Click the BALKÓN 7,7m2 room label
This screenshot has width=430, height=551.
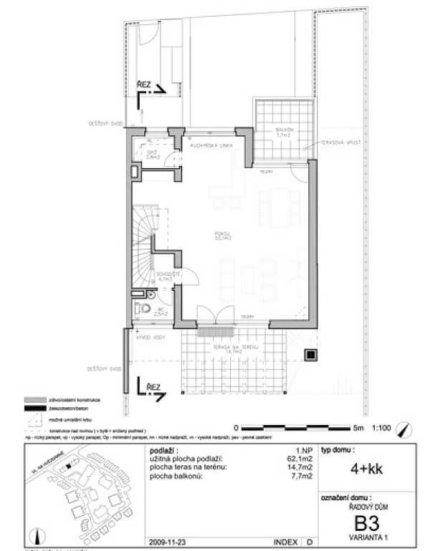click(x=285, y=132)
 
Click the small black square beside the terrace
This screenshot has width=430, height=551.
click(x=310, y=353)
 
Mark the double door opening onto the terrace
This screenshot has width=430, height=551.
click(x=215, y=315)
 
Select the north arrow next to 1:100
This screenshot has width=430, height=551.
click(x=408, y=429)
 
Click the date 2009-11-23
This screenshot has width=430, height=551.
click(x=166, y=542)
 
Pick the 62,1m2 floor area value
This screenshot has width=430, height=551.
click(x=295, y=458)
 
